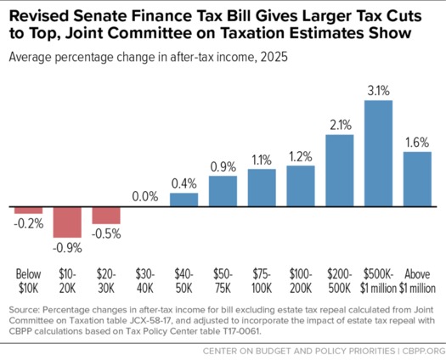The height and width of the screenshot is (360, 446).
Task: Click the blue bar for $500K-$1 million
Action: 379,154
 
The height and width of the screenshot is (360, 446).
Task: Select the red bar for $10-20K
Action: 67,223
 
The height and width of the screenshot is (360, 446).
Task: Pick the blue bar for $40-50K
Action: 184,200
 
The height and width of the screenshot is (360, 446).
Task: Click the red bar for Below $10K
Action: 28,211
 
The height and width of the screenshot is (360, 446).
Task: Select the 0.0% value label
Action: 145,196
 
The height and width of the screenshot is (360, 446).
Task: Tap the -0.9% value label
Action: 67,249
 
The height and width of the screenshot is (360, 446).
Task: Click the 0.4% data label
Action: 184,183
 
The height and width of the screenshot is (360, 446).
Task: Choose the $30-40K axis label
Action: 145,279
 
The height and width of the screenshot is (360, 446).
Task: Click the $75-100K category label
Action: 263,279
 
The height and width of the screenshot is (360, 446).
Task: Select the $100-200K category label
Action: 302,279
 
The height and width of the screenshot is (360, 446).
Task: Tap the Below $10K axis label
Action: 28,279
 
